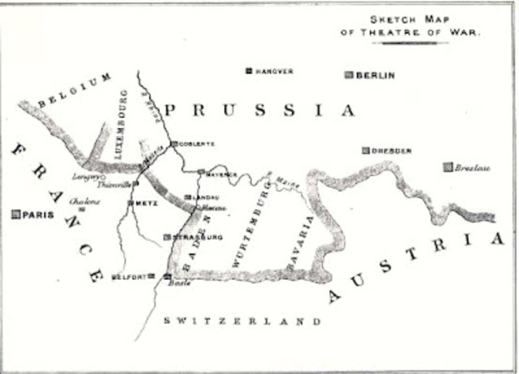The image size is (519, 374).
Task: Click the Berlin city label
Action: point(378,75)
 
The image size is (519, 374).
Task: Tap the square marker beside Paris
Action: point(15,215)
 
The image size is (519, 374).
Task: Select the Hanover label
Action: point(274,71)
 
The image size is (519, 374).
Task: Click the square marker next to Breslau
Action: point(447,168)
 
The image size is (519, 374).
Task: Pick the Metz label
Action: point(147,202)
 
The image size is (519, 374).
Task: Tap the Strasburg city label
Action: point(197,238)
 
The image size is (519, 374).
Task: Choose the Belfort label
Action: point(128,277)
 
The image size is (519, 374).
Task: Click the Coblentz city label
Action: point(197,143)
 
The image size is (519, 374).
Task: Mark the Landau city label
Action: point(204,197)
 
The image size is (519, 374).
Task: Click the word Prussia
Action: point(259,110)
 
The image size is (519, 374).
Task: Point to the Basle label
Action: point(178,284)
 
